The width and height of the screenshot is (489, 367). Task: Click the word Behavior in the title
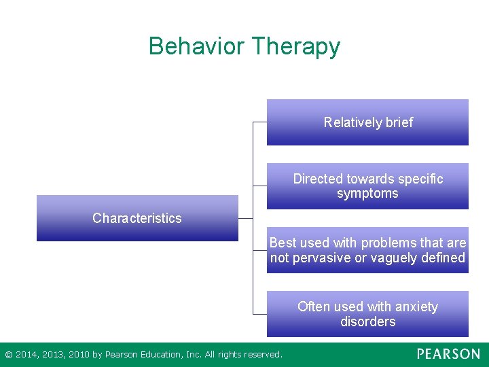(196, 46)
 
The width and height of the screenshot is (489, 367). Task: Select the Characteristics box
(137, 218)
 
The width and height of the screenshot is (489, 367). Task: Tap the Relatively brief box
(367, 122)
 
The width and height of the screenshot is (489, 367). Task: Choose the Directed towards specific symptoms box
(367, 186)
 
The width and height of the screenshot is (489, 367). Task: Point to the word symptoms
(367, 194)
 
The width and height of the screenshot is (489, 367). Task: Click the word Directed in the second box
(318, 179)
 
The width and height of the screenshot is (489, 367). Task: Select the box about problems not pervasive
(367, 250)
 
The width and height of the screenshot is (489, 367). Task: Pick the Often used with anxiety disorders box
(367, 314)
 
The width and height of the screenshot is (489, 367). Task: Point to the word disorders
(367, 321)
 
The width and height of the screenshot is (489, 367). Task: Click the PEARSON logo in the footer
(448, 354)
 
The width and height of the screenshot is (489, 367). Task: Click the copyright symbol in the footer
(8, 354)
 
